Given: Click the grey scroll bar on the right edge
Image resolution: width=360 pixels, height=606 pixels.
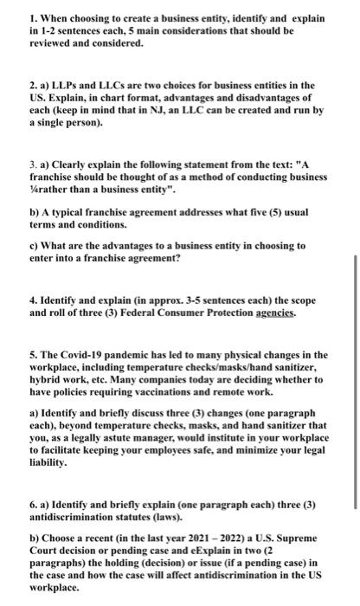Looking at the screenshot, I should [x=355, y=381].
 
